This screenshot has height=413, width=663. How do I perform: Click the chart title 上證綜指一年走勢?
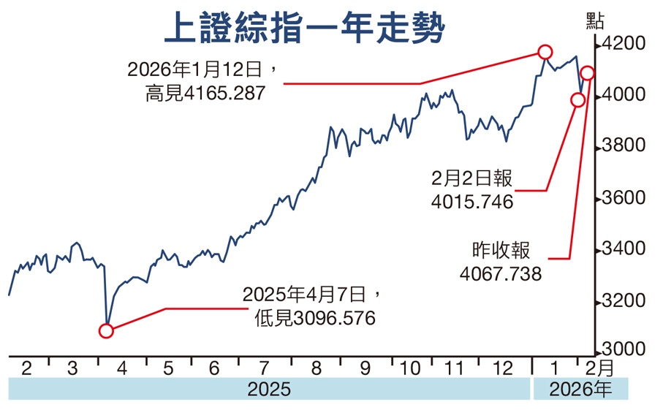303,30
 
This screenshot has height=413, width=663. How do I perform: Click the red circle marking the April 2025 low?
106,331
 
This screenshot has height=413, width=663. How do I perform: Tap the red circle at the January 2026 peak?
545,51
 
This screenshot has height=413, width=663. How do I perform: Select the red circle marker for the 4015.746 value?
577,100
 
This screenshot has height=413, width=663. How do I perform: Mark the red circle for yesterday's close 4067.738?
587,72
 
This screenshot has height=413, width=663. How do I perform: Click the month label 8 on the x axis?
316,368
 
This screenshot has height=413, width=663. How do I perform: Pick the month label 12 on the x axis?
504,368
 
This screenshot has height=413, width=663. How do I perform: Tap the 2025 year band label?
268,389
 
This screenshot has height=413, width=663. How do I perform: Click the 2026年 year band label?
581,389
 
